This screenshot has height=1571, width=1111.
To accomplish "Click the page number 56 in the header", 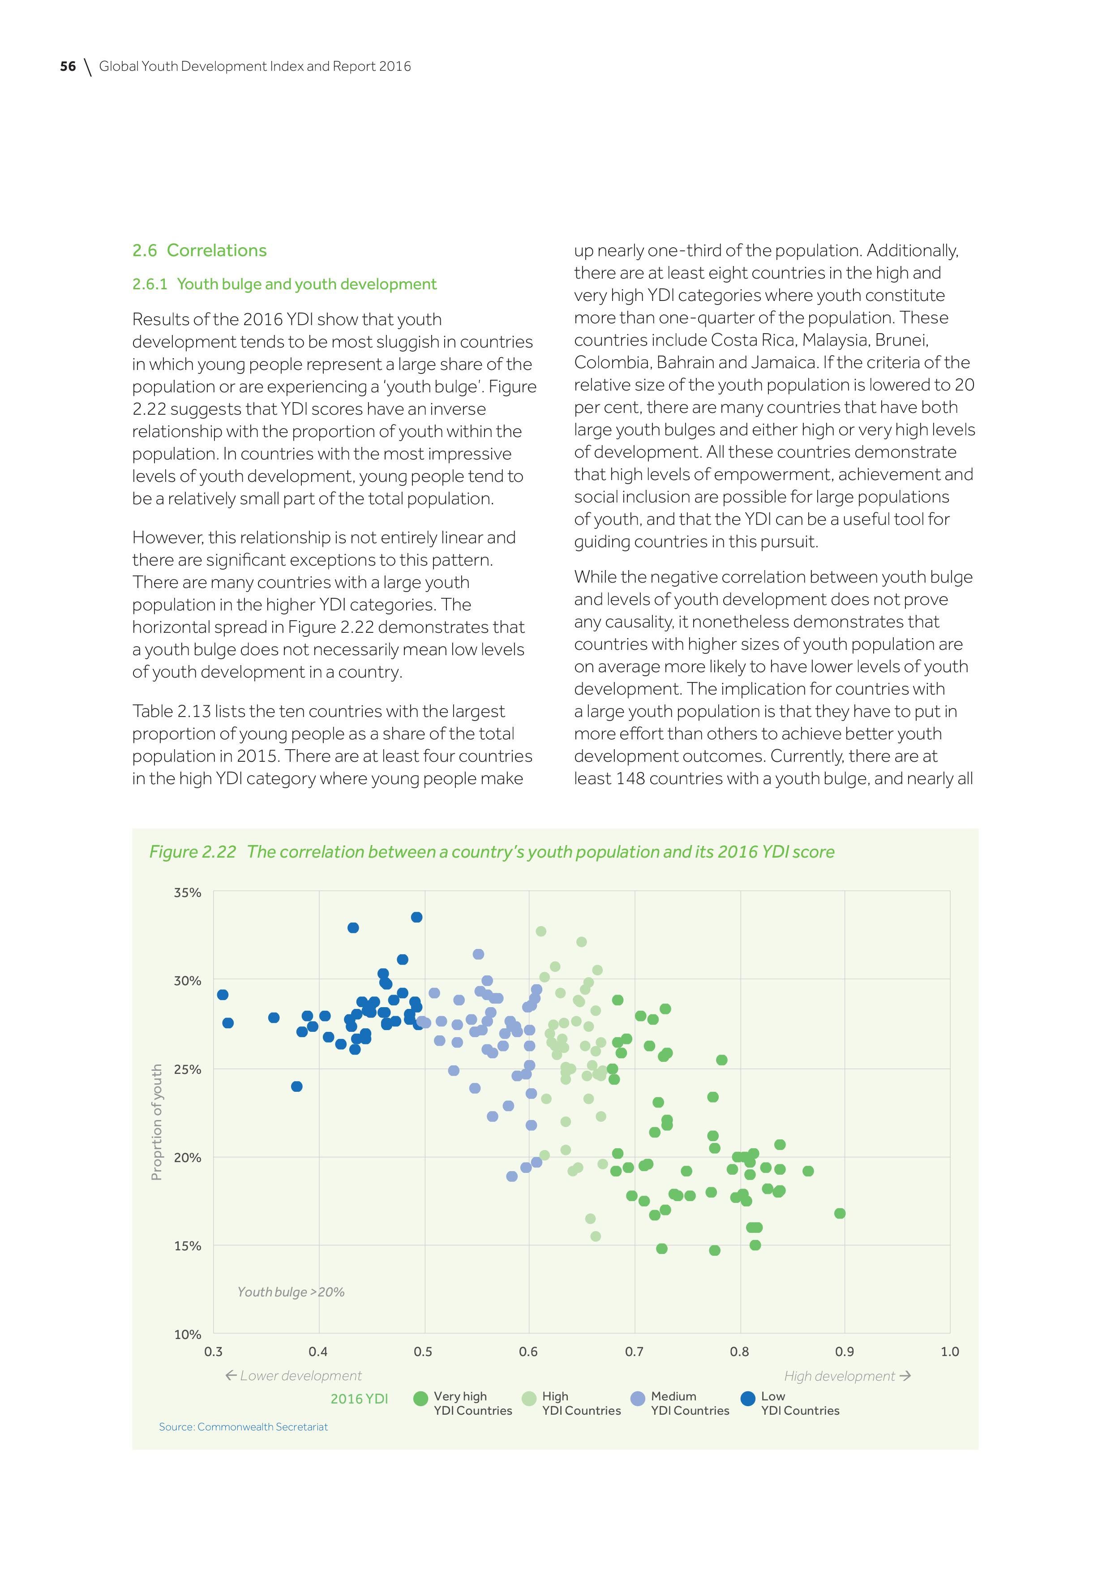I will pyautogui.click(x=68, y=66).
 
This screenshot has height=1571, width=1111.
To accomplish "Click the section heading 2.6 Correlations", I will pyautogui.click(x=199, y=250).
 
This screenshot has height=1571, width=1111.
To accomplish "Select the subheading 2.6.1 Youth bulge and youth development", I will pyautogui.click(x=284, y=284).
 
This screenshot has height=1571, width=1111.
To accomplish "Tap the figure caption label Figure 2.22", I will pyautogui.click(x=192, y=852).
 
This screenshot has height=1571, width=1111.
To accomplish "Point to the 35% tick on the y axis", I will pyautogui.click(x=188, y=892).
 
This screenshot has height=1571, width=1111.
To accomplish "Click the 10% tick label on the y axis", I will pyautogui.click(x=188, y=1334).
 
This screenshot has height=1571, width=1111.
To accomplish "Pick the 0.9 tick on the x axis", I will pyautogui.click(x=844, y=1352).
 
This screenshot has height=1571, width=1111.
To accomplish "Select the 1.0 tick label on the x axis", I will pyautogui.click(x=949, y=1352).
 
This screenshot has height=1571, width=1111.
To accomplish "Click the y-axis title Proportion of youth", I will pyautogui.click(x=157, y=1122).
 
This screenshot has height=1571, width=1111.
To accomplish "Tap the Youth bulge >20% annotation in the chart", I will pyautogui.click(x=291, y=1292).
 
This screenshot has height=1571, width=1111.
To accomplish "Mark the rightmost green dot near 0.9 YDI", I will pyautogui.click(x=840, y=1213).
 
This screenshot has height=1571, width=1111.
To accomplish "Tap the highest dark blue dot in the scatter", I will pyautogui.click(x=416, y=917).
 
